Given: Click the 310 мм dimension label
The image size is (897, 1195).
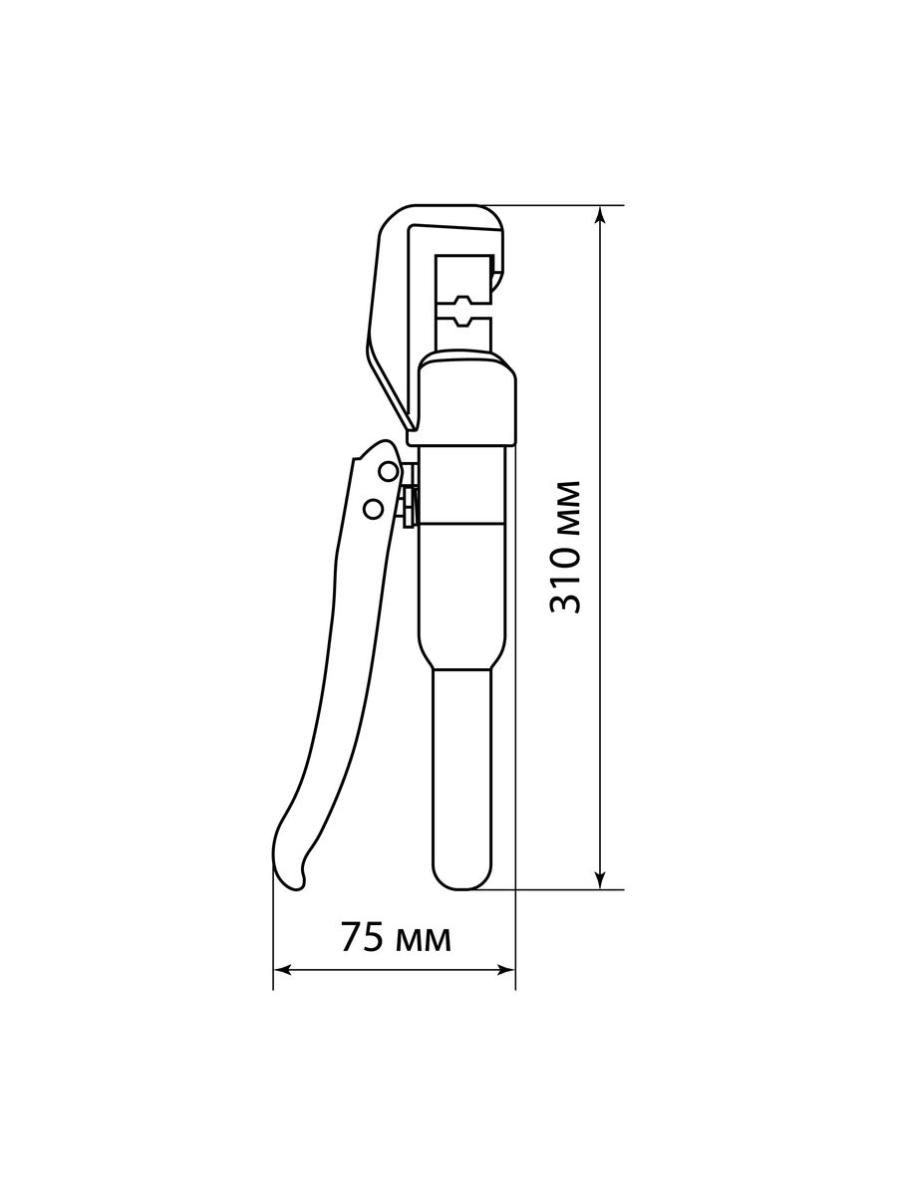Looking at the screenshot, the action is (x=566, y=547).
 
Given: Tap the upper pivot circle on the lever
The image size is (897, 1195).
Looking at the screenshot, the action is (x=389, y=471).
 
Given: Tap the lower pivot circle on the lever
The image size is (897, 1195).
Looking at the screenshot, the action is (x=374, y=508).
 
